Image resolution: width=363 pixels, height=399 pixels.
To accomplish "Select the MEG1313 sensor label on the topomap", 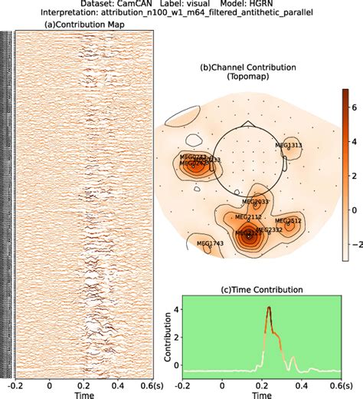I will (x=289, y=144).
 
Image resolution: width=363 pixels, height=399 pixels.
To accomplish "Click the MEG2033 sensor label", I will (x=256, y=202).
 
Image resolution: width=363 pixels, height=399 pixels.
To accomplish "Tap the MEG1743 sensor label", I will (x=210, y=244).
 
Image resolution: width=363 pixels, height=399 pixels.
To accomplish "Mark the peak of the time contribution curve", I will (x=269, y=308).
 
